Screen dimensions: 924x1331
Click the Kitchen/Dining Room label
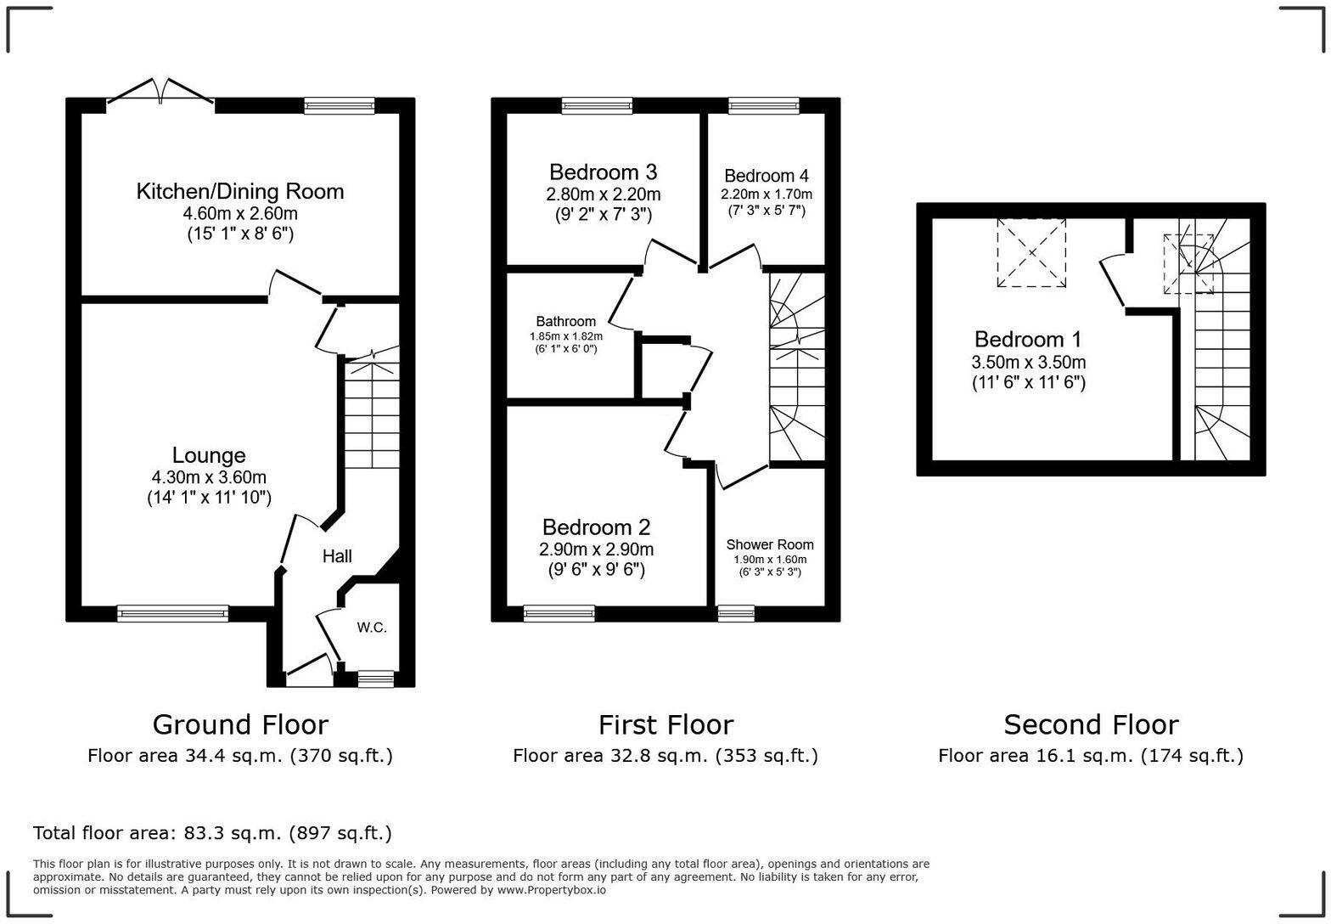(x=240, y=191)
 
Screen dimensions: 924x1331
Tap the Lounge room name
(x=209, y=456)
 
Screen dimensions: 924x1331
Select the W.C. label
(x=371, y=628)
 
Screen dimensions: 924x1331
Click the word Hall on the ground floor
(x=337, y=556)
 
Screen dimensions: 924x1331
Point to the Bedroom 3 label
(x=603, y=172)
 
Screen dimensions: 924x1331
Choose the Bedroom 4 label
(x=766, y=176)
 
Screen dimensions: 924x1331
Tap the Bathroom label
(x=565, y=321)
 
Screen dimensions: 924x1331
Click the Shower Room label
(x=770, y=544)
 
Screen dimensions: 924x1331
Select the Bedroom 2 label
(x=596, y=527)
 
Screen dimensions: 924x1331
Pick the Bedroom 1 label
(x=1028, y=340)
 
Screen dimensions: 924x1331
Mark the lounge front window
(x=172, y=613)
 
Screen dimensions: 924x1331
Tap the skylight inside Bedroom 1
(x=1031, y=252)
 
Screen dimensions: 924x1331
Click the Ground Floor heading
(x=240, y=724)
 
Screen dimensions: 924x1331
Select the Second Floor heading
(x=1091, y=724)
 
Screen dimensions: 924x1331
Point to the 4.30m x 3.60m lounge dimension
(x=209, y=477)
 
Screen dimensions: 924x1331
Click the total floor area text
(x=212, y=833)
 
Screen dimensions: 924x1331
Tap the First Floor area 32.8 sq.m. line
(x=665, y=756)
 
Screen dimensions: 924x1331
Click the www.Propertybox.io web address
(x=552, y=890)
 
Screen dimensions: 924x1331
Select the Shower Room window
(x=735, y=613)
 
